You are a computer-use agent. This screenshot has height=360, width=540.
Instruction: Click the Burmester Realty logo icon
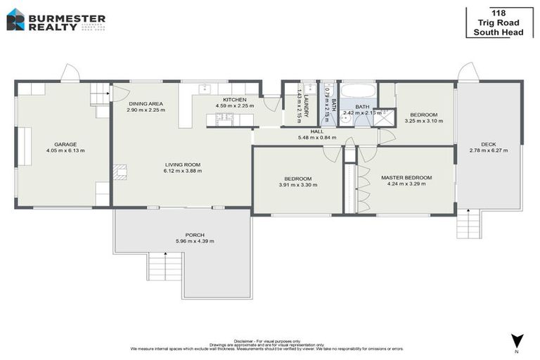(15, 19)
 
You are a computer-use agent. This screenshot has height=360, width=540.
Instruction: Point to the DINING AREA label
(146, 104)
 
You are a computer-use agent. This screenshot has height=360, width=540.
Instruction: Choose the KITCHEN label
(234, 100)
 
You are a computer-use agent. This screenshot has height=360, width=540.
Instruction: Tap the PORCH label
(195, 235)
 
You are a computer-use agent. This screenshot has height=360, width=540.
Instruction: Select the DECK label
(488, 144)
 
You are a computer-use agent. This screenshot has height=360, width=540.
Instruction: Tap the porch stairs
(165, 267)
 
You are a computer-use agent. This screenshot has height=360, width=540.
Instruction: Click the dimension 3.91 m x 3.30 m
(299, 185)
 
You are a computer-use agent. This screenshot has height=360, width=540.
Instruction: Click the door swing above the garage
(70, 72)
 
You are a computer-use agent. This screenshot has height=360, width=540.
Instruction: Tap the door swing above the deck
(468, 72)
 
